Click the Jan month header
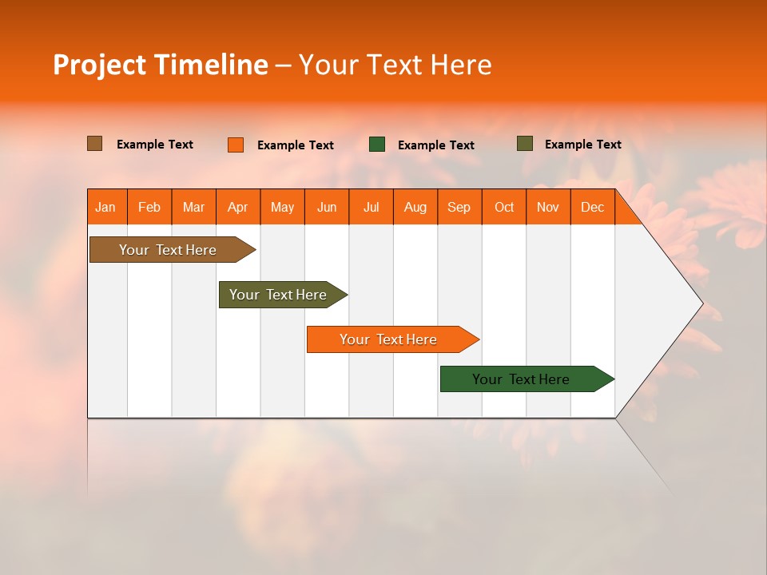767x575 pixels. [106, 208]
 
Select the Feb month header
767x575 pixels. [149, 208]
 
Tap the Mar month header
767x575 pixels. [193, 208]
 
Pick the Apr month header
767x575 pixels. [238, 208]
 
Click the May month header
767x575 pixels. [282, 208]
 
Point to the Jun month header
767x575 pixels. [327, 208]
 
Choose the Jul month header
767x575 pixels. [371, 208]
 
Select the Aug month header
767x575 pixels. [415, 208]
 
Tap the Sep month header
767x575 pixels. [459, 208]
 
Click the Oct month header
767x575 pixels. [504, 208]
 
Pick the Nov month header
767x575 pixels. [548, 208]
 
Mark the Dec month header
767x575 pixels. [593, 208]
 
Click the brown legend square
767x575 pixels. [95, 144]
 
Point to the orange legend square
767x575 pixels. [236, 145]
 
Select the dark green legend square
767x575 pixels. [377, 145]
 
